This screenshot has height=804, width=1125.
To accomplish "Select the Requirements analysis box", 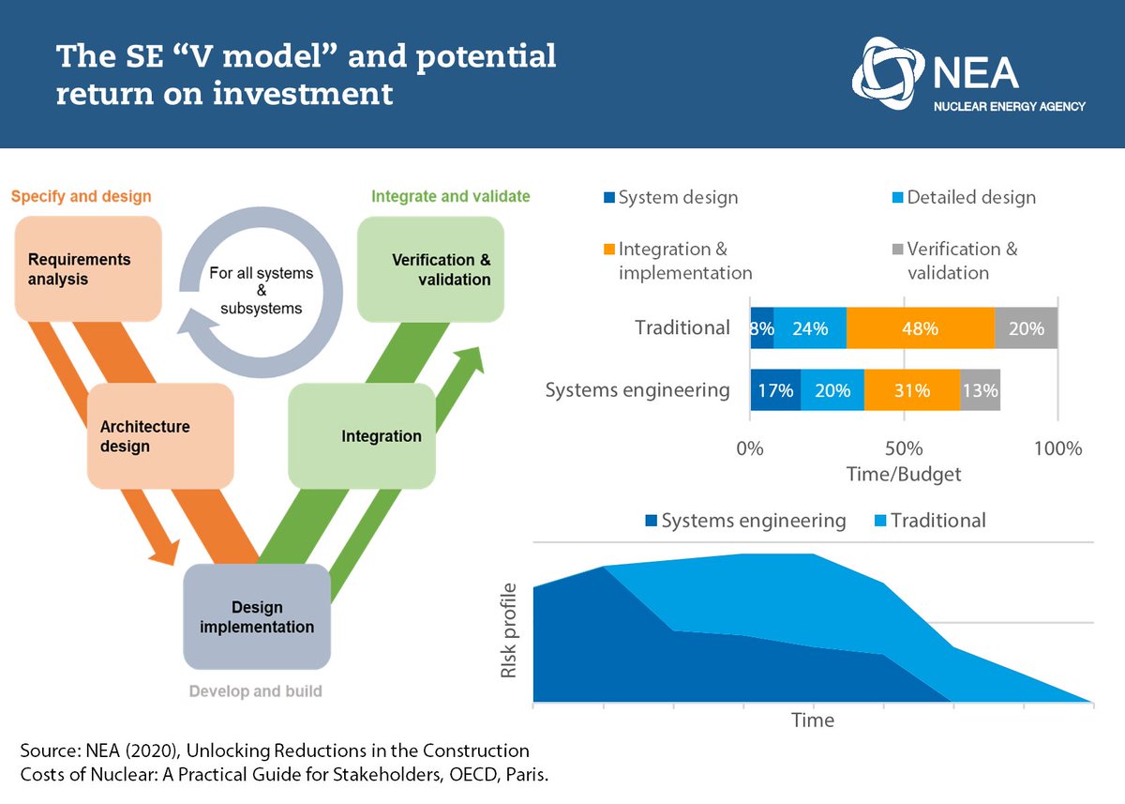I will click(x=87, y=268).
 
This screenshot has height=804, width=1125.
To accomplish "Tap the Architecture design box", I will click(x=159, y=435).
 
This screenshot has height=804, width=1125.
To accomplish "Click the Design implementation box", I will click(x=257, y=616).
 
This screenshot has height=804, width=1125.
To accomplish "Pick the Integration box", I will click(x=362, y=435).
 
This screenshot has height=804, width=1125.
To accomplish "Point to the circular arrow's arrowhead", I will click(x=197, y=327).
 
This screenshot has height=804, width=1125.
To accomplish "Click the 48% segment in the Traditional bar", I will click(x=920, y=328).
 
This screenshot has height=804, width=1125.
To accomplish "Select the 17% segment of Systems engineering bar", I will click(x=775, y=390).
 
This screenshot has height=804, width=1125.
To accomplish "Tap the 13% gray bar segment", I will click(x=980, y=390).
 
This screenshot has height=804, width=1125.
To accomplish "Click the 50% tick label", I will click(x=903, y=448).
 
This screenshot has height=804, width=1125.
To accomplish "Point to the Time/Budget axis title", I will click(x=903, y=475).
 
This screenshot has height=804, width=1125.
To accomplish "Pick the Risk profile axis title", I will click(x=508, y=630).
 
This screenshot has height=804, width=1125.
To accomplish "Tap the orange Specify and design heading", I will click(x=82, y=196).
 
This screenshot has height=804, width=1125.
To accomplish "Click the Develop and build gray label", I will click(x=255, y=691).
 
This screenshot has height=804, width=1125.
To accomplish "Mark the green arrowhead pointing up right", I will click(x=472, y=358).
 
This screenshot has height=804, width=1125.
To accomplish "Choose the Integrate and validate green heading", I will click(x=450, y=196).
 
